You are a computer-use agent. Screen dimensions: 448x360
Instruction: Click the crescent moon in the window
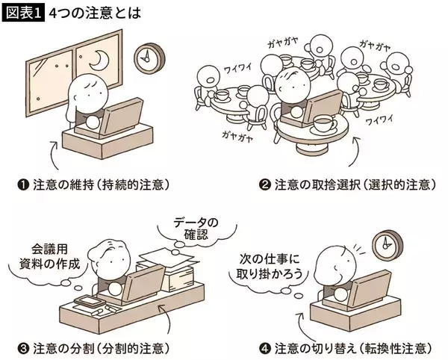click(102, 60)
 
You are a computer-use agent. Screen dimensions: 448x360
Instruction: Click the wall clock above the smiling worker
click(388, 245)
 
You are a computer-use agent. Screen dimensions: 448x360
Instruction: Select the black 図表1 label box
click(23, 13)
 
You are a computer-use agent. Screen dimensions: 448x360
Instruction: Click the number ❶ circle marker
click(23, 185)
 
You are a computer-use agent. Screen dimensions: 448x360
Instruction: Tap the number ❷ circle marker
click(264, 185)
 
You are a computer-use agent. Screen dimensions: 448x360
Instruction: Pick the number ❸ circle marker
click(23, 349)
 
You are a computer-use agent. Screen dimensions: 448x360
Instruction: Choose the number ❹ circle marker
click(264, 349)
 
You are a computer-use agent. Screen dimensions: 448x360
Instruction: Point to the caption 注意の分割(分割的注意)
click(101, 349)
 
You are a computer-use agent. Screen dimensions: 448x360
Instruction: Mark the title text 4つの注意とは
click(95, 13)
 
